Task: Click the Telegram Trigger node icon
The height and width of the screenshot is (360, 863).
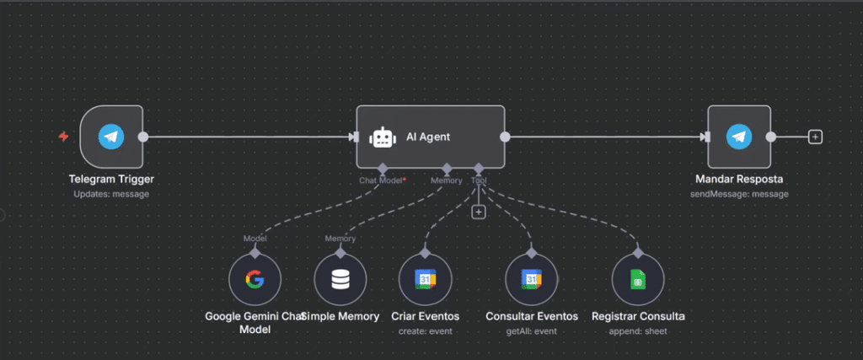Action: (111, 137)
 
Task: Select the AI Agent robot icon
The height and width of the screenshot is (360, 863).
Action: (383, 137)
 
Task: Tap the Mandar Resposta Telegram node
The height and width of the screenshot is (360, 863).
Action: (738, 137)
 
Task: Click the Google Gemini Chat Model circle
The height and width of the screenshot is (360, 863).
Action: (255, 280)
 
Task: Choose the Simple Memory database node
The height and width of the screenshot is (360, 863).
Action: (340, 280)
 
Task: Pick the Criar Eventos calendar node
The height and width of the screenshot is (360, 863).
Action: (425, 280)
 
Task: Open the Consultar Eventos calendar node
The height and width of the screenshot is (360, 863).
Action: (532, 280)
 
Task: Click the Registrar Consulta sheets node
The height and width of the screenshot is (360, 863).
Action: (638, 280)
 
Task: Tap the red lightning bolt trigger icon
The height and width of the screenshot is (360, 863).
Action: (64, 137)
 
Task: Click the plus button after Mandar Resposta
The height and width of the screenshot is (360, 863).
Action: (815, 137)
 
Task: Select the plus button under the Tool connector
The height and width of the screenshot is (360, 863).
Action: (479, 212)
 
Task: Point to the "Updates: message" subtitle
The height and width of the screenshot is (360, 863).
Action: (111, 194)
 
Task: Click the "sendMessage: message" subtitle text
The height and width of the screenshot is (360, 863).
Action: (739, 194)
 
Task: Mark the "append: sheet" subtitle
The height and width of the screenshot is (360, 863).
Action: (638, 331)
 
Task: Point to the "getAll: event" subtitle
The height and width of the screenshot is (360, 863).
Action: (532, 331)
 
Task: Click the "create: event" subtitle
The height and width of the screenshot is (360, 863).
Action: (425, 331)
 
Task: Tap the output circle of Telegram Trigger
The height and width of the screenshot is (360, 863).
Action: (142, 137)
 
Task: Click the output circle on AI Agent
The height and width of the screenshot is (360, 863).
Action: (504, 137)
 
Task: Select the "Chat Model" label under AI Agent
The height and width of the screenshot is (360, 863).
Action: (381, 180)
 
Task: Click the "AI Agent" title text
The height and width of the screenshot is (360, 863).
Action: (428, 137)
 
